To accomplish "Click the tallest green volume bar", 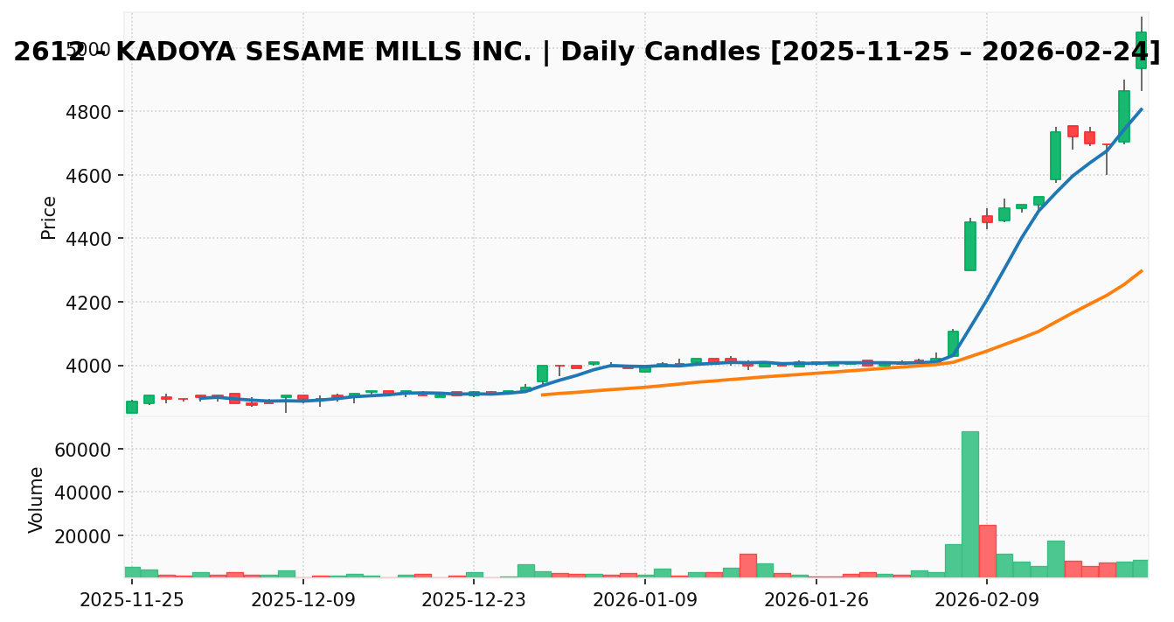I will (969, 504).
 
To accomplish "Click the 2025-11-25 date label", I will (132, 601).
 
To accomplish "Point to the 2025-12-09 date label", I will (303, 601).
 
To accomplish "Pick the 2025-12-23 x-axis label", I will (474, 601).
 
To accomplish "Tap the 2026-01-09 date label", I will (645, 601).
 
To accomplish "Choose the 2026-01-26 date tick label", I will (816, 601).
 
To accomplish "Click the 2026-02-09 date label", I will (987, 601).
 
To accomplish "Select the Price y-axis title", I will (49, 217).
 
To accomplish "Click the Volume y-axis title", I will (36, 500).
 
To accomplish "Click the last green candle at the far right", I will (1141, 51).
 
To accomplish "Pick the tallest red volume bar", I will (987, 551).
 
